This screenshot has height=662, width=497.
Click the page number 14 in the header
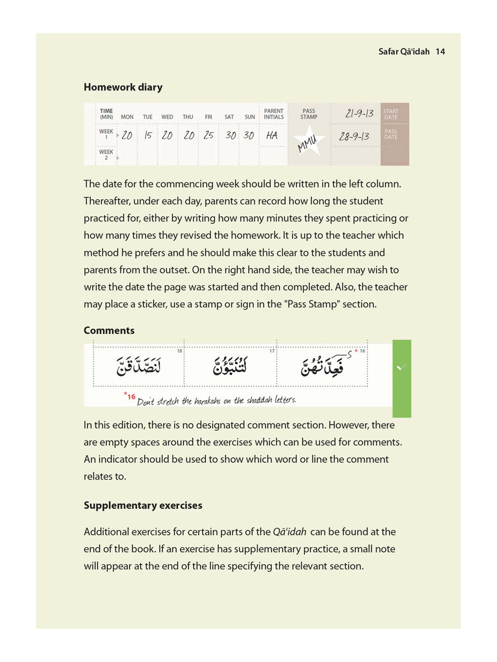pyautogui.click(x=440, y=51)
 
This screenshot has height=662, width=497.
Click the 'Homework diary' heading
pyautogui.click(x=123, y=87)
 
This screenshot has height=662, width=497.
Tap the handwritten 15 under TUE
pyautogui.click(x=148, y=135)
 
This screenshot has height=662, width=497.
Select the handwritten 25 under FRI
pyautogui.click(x=208, y=135)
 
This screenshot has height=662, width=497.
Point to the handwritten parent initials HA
pyautogui.click(x=272, y=135)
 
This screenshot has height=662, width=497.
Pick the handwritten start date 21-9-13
pyautogui.click(x=359, y=113)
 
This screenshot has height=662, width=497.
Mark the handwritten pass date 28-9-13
pyautogui.click(x=354, y=137)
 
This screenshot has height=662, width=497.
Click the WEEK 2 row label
pyautogui.click(x=106, y=154)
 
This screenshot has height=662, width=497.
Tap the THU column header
pyautogui.click(x=188, y=117)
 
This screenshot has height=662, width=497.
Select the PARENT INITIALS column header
pyautogui.click(x=273, y=114)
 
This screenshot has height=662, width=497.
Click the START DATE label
pyautogui.click(x=391, y=114)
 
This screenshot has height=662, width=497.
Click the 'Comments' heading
pyautogui.click(x=109, y=331)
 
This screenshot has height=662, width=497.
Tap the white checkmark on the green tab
pyautogui.click(x=401, y=367)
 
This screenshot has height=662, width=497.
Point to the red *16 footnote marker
pyautogui.click(x=130, y=396)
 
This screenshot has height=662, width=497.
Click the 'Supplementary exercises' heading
pyautogui.click(x=143, y=506)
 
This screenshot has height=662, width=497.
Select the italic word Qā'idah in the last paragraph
pyautogui.click(x=289, y=532)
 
